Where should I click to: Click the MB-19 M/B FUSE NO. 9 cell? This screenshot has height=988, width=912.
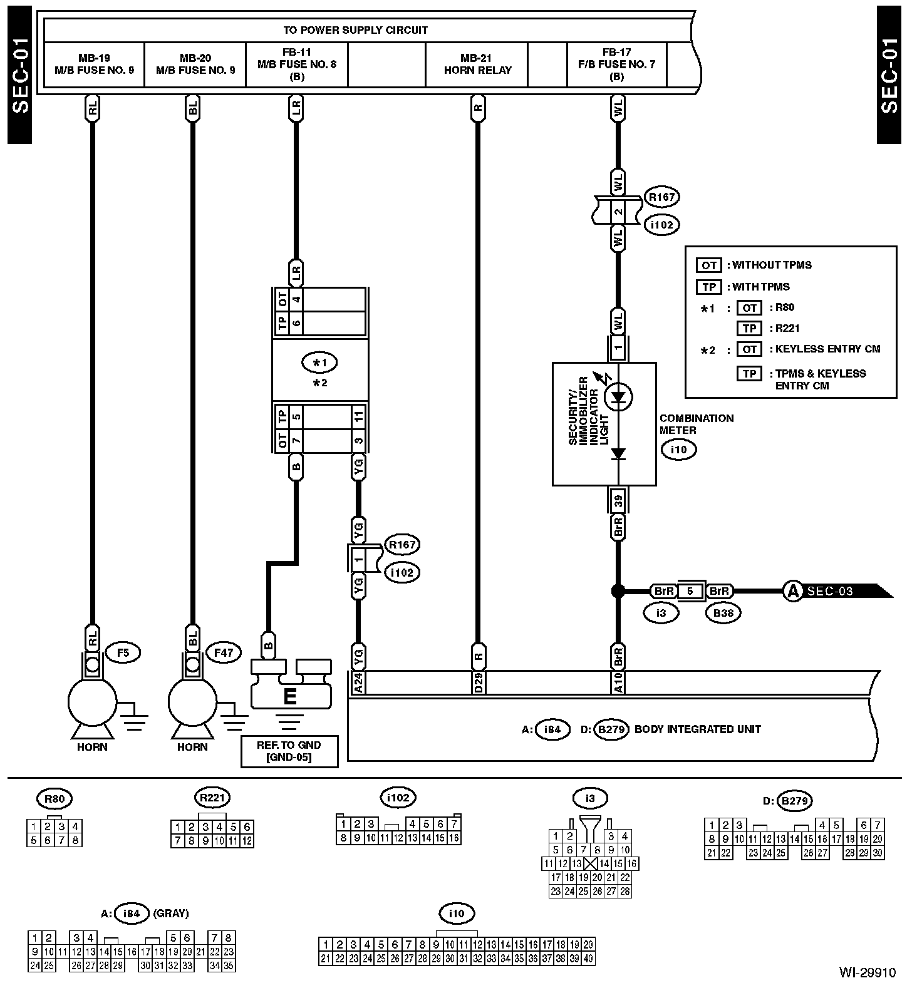pyautogui.click(x=94, y=64)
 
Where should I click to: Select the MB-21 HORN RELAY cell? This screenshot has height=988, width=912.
pyautogui.click(x=477, y=64)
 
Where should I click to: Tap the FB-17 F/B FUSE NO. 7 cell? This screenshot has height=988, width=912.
pyautogui.click(x=617, y=64)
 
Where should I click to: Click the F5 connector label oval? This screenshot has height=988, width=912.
pyautogui.click(x=123, y=653)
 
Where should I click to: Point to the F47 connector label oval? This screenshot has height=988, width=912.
pyautogui.click(x=224, y=653)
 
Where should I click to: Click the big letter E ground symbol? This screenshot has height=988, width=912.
pyautogui.click(x=290, y=696)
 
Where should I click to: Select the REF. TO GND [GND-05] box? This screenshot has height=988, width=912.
pyautogui.click(x=289, y=751)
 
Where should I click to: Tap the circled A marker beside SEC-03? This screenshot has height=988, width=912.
pyautogui.click(x=793, y=590)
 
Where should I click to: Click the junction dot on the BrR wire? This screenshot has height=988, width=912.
pyautogui.click(x=618, y=590)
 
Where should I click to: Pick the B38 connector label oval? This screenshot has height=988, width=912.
pyautogui.click(x=723, y=613)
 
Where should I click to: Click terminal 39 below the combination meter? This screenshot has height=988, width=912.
pyautogui.click(x=618, y=500)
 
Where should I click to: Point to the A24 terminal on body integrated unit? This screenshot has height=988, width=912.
pyautogui.click(x=358, y=682)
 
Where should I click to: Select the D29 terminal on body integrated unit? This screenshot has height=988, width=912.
pyautogui.click(x=477, y=682)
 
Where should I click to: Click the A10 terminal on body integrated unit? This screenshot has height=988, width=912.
pyautogui.click(x=618, y=682)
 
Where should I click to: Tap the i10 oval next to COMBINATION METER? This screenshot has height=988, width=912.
pyautogui.click(x=678, y=450)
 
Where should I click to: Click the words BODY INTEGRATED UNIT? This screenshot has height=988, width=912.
pyautogui.click(x=698, y=729)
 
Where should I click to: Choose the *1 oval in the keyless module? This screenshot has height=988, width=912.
pyautogui.click(x=319, y=362)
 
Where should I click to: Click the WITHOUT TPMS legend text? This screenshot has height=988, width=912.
pyautogui.click(x=772, y=265)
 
